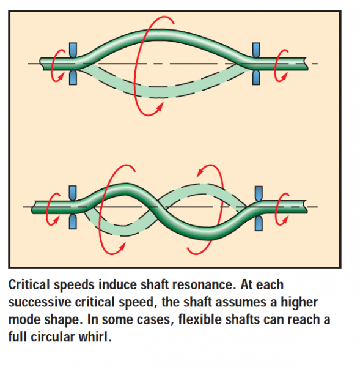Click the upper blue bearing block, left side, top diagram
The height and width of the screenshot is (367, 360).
[x=74, y=49]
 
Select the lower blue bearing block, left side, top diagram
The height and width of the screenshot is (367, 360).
[x=74, y=76]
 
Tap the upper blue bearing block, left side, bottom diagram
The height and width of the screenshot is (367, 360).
[x=74, y=192]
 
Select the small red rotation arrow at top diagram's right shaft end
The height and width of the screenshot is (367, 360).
[x=281, y=63]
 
